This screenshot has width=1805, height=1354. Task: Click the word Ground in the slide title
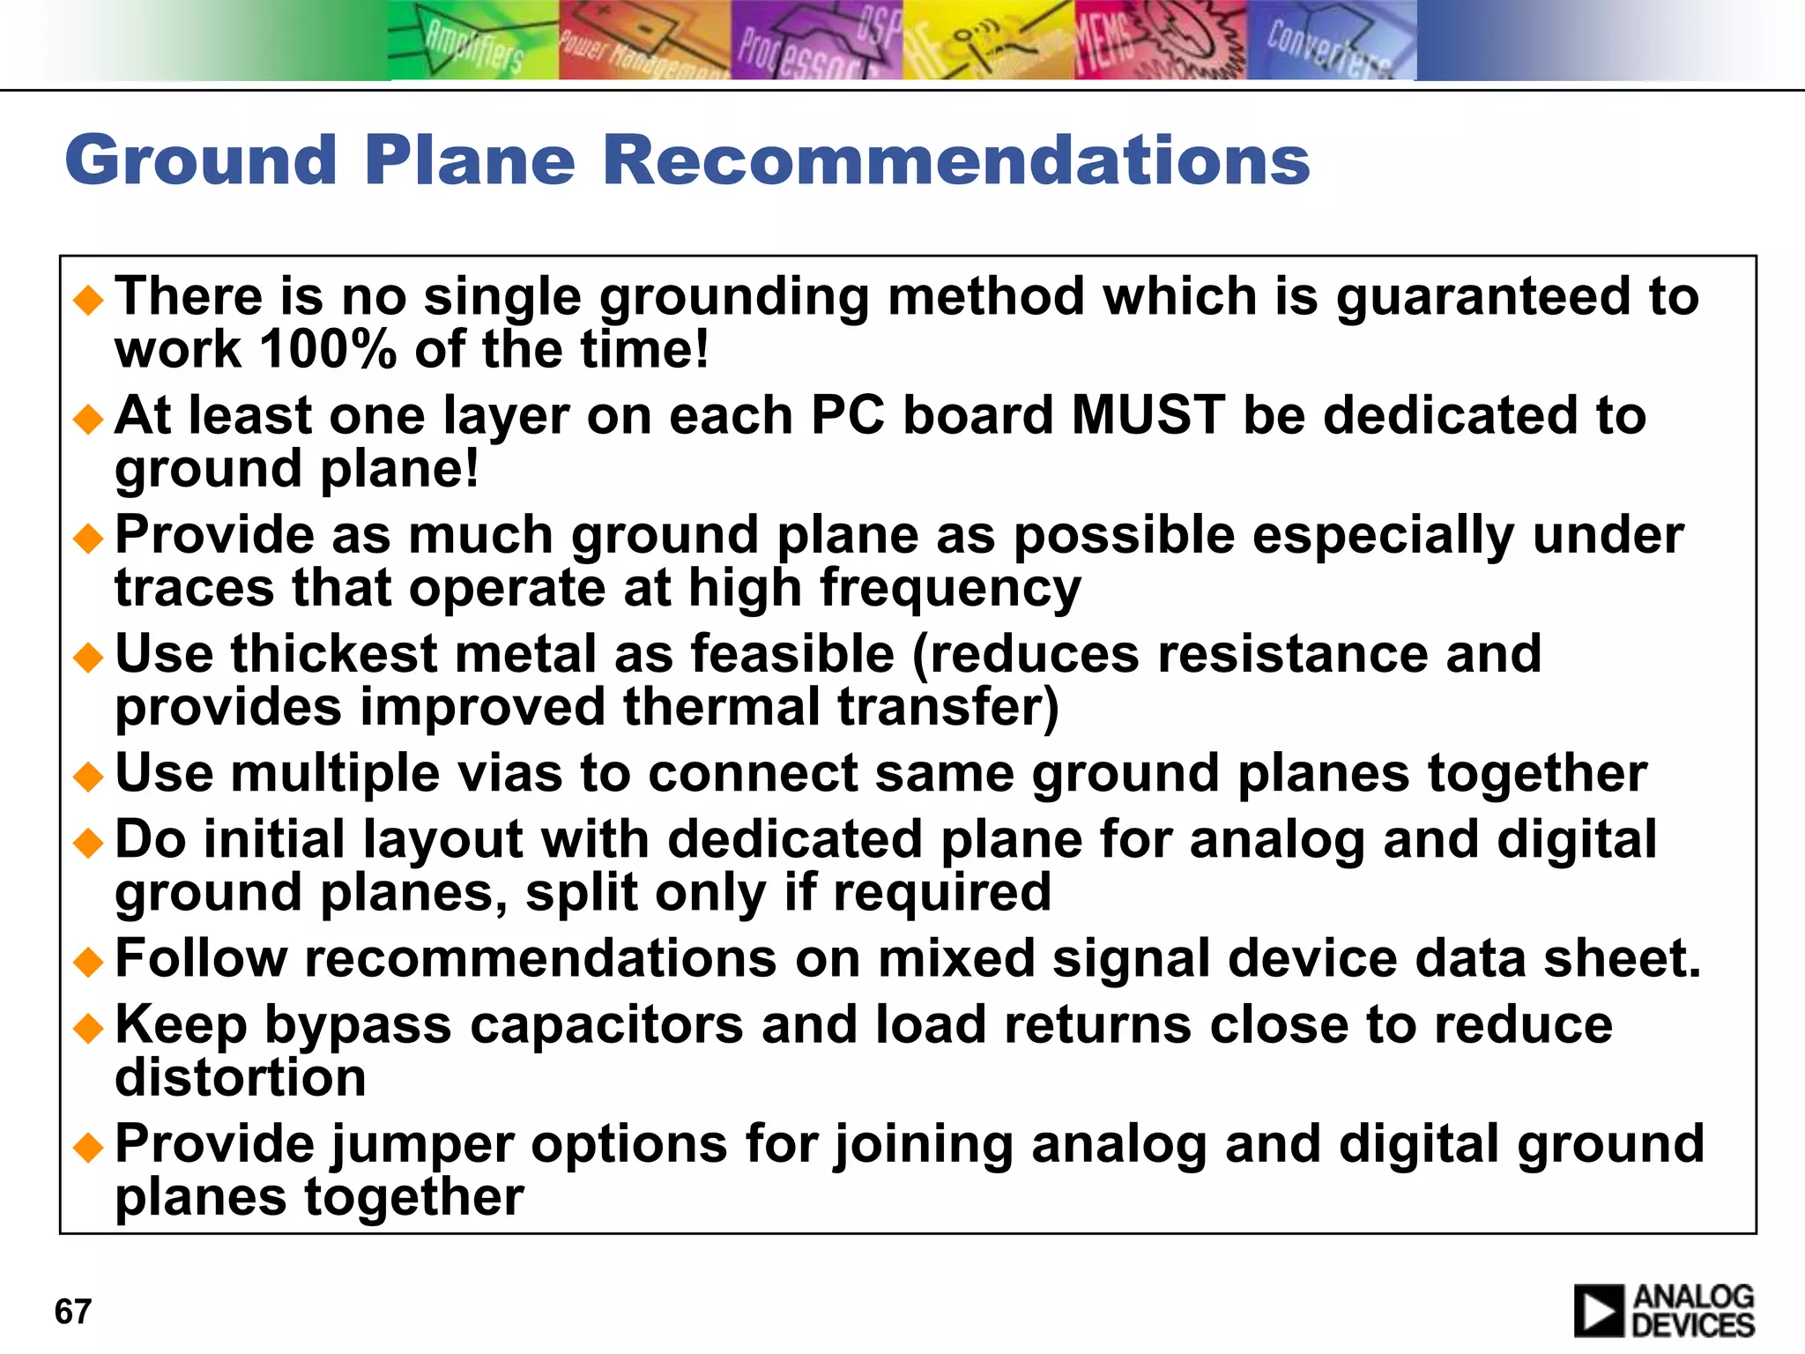point(201,160)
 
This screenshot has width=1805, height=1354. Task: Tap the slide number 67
point(72,1312)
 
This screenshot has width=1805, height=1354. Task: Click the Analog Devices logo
point(1664,1310)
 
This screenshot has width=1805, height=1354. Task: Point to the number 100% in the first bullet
point(328,350)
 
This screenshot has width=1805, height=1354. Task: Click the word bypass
point(358,1025)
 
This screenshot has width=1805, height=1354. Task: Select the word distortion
point(241,1078)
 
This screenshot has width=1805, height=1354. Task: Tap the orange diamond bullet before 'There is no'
point(89,300)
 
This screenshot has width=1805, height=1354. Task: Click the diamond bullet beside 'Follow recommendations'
point(89,961)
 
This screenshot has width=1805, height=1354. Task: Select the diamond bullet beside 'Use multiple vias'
point(89,776)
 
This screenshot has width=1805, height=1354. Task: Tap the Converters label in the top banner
point(1329,48)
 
